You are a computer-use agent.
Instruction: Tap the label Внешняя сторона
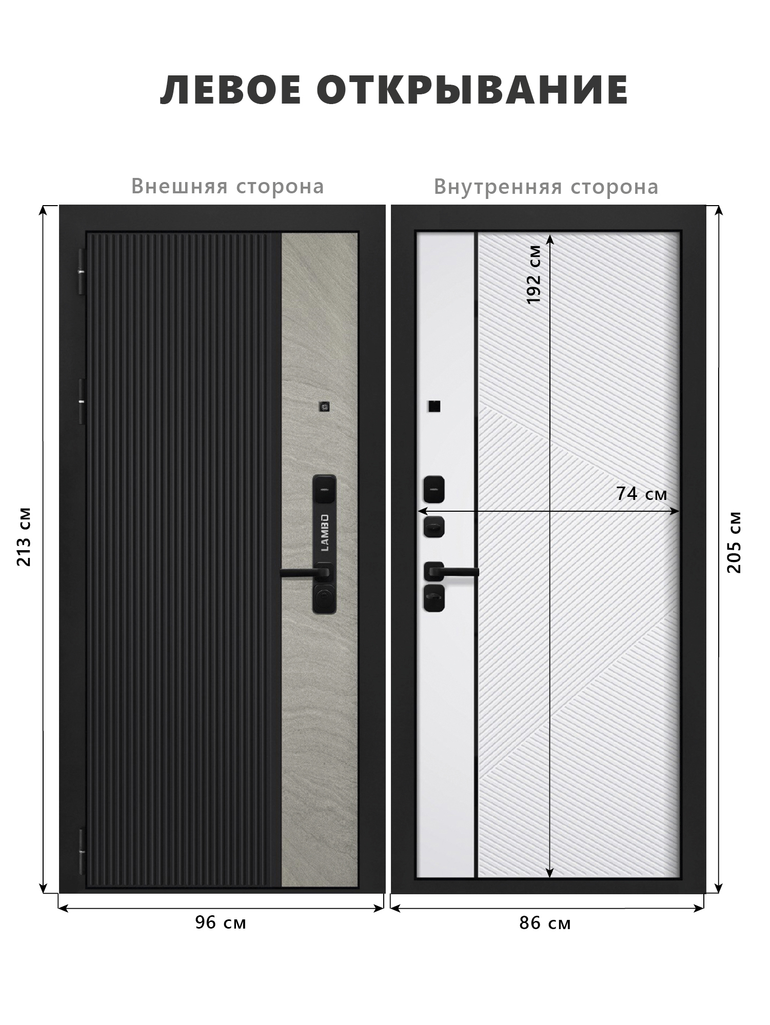[228, 186]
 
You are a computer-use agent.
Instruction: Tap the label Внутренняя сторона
[546, 187]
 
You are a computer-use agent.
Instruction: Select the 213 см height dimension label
[24, 536]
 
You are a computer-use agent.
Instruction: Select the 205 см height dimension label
[734, 542]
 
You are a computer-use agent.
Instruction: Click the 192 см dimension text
[535, 275]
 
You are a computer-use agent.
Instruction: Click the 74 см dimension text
[641, 494]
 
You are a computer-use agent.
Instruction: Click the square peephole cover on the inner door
[433, 406]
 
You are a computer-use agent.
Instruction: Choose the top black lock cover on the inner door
[434, 489]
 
